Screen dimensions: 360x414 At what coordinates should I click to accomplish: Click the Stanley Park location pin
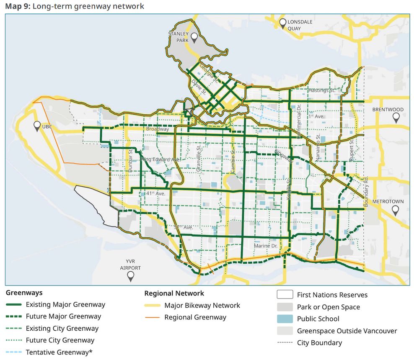point(194,38)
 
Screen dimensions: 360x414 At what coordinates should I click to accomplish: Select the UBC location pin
point(37,125)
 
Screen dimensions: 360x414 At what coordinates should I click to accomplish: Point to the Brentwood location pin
point(396,118)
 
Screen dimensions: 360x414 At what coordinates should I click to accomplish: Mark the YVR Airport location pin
point(131,276)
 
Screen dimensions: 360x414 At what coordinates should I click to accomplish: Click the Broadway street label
point(158,129)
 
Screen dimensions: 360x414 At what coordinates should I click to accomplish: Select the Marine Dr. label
point(266,246)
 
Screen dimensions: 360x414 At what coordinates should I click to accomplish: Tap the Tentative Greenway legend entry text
point(59,352)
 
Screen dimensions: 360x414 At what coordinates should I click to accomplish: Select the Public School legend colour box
point(285,319)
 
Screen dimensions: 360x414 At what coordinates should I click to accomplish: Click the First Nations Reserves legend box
point(285,295)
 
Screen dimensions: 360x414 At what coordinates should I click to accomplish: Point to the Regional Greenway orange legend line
point(152,317)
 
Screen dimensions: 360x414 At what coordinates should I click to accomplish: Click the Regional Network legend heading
point(174,293)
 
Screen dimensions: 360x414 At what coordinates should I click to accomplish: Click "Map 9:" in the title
point(18,6)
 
